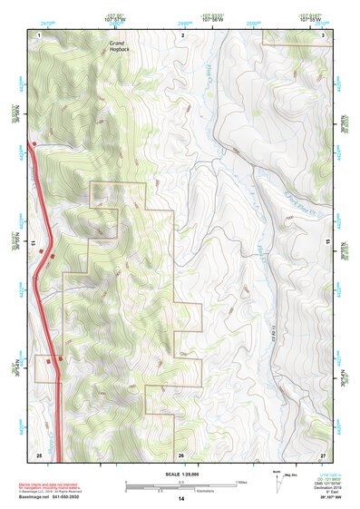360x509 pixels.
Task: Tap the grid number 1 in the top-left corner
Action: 40,34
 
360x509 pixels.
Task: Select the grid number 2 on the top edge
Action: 183,34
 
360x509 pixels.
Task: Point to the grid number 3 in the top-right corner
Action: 324,34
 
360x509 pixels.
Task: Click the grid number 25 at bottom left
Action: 39,454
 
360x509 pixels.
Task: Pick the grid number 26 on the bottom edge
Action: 181,454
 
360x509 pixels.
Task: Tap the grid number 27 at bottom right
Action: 323,454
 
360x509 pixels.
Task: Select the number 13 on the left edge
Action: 33,244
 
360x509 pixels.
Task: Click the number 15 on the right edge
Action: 328,244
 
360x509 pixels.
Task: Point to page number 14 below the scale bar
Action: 181,499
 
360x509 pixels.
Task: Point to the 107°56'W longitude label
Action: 214,19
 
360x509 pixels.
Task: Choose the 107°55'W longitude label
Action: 313,19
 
